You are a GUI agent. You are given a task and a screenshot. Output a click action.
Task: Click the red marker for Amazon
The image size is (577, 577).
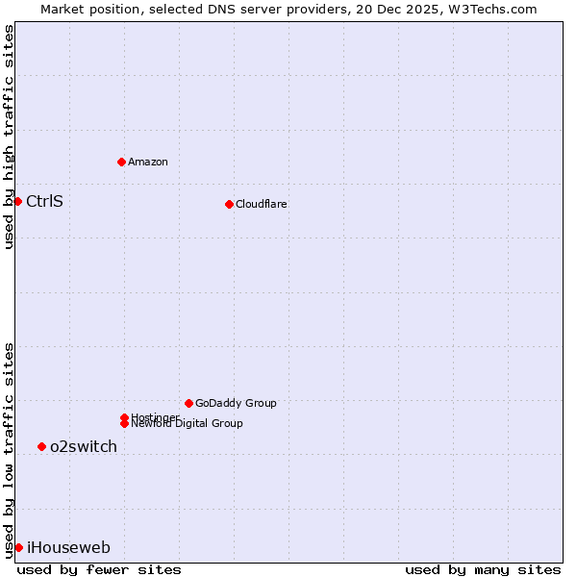coord(121,162)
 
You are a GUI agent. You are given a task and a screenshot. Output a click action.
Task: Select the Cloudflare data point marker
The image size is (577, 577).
coord(229,204)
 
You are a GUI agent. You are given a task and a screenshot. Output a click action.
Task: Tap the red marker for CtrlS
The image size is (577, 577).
coord(17,201)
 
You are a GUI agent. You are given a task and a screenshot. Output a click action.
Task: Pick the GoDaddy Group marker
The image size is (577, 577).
coord(188,403)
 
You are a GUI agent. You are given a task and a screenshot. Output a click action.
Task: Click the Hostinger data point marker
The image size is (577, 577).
coord(124,417)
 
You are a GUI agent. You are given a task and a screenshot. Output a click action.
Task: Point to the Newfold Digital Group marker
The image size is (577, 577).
coord(124,423)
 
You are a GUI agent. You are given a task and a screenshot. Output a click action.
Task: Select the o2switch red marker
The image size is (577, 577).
coord(41,446)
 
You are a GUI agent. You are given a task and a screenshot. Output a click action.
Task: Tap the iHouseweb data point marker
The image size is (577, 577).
coord(18,547)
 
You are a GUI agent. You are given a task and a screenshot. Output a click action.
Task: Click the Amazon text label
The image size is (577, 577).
coord(148,162)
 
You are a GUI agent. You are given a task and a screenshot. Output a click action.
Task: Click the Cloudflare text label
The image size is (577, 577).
coord(262,204)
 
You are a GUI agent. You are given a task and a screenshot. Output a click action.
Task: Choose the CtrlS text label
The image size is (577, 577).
coord(44,201)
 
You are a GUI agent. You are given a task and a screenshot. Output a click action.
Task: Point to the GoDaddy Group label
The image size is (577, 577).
coord(236,403)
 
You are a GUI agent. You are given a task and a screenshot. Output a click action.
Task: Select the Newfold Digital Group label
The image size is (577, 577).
coord(188,424)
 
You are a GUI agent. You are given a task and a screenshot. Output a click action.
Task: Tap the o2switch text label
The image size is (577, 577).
coord(84,446)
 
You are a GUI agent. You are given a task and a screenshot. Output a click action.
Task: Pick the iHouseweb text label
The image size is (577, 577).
coord(68,548)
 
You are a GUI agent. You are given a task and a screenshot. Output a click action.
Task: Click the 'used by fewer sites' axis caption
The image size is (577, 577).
coord(99,569)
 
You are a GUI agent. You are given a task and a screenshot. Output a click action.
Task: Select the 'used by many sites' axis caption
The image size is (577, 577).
coord(483,569)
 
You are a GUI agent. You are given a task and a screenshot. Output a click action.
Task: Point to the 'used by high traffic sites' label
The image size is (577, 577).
coord(9,137)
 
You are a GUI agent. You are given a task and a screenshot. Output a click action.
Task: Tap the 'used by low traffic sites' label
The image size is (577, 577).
coord(9,449)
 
